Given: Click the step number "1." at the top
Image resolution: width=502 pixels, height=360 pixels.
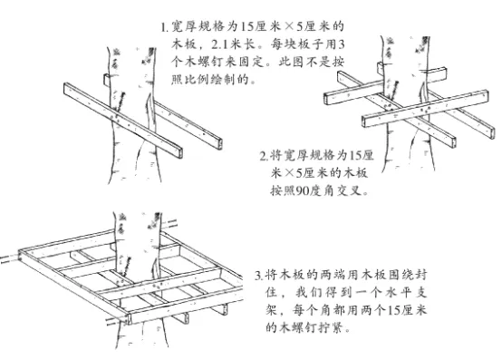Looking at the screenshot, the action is (x=164, y=27).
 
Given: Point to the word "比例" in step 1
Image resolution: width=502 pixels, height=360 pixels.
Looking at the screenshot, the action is (x=196, y=79).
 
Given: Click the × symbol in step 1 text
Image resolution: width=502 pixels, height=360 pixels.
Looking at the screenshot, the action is (x=289, y=26).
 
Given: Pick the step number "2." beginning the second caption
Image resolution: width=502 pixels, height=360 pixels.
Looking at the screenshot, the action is (x=264, y=157).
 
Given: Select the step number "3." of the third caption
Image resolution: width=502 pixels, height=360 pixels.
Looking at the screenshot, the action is (x=258, y=276).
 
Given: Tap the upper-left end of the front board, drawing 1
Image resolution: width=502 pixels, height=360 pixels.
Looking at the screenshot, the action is (x=65, y=88).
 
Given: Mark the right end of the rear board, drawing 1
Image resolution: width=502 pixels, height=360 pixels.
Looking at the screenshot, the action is (x=220, y=143).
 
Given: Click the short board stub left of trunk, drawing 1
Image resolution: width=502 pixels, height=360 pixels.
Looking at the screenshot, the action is (x=107, y=80).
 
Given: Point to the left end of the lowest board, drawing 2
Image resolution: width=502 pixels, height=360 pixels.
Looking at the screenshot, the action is (x=364, y=122).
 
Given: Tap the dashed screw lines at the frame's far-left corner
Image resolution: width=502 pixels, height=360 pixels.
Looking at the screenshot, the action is (x=9, y=258).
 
